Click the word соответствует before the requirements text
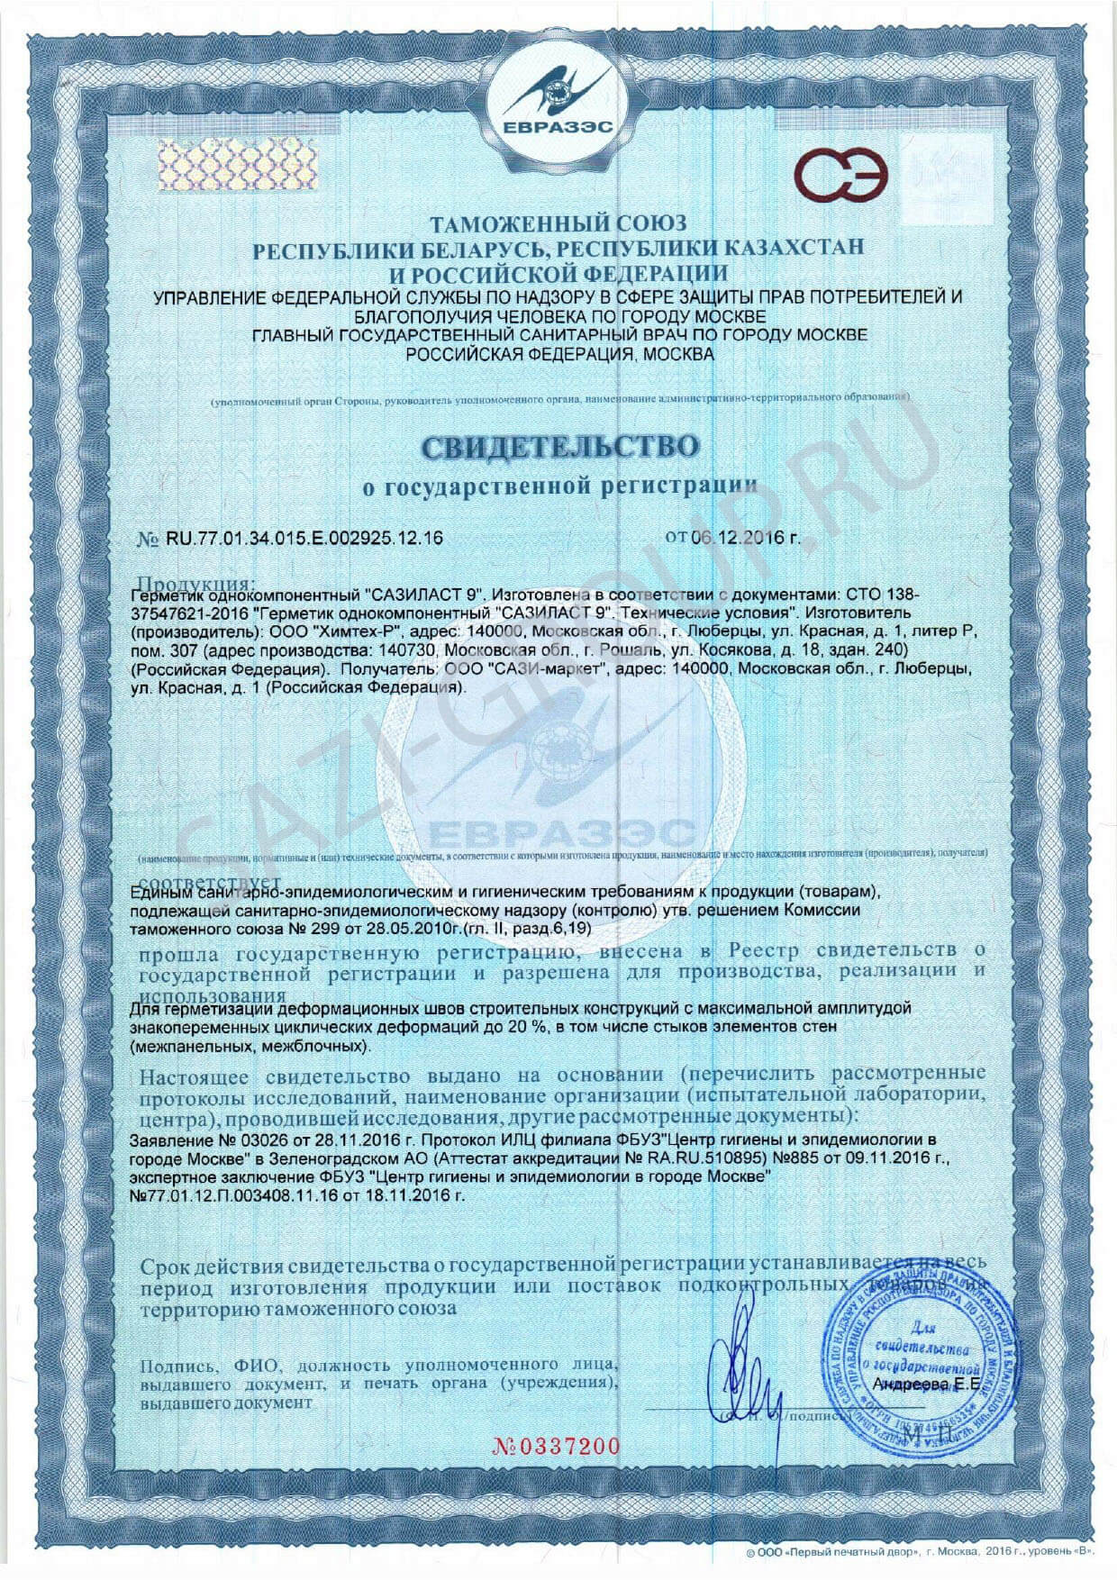211,878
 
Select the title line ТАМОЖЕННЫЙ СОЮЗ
558,222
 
